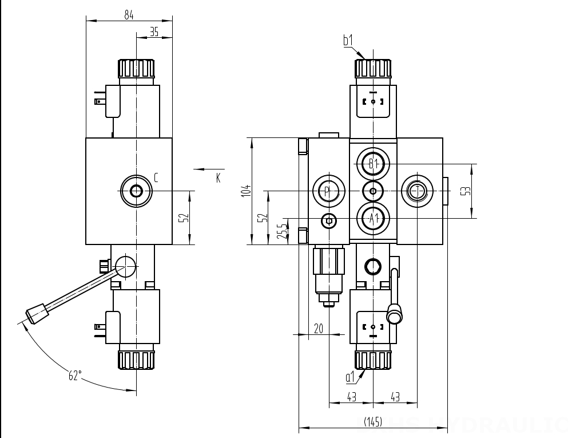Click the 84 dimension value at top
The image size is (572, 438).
click(129, 15)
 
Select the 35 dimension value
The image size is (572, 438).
click(154, 33)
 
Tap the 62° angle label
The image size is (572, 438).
click(75, 376)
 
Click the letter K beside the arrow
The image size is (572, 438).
click(218, 178)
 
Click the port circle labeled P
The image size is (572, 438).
click(328, 191)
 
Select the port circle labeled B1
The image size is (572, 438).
click(373, 164)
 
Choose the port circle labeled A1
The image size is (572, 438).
click(373, 218)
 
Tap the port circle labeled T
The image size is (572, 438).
click(418, 191)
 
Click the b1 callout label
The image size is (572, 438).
click(348, 40)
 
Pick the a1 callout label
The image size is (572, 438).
click(350, 377)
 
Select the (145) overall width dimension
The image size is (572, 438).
click(372, 421)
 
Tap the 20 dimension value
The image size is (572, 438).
click(319, 328)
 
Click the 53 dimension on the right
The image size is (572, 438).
click(467, 191)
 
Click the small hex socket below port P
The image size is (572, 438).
click(328, 220)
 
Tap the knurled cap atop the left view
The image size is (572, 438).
click(136, 69)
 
